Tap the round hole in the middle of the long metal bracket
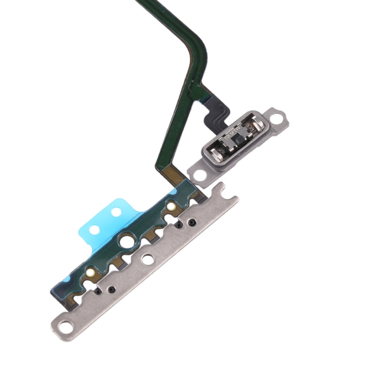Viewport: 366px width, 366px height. coord(148,258)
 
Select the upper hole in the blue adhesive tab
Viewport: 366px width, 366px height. coord(116,211)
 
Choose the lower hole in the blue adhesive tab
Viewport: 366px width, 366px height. coord(95,229)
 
